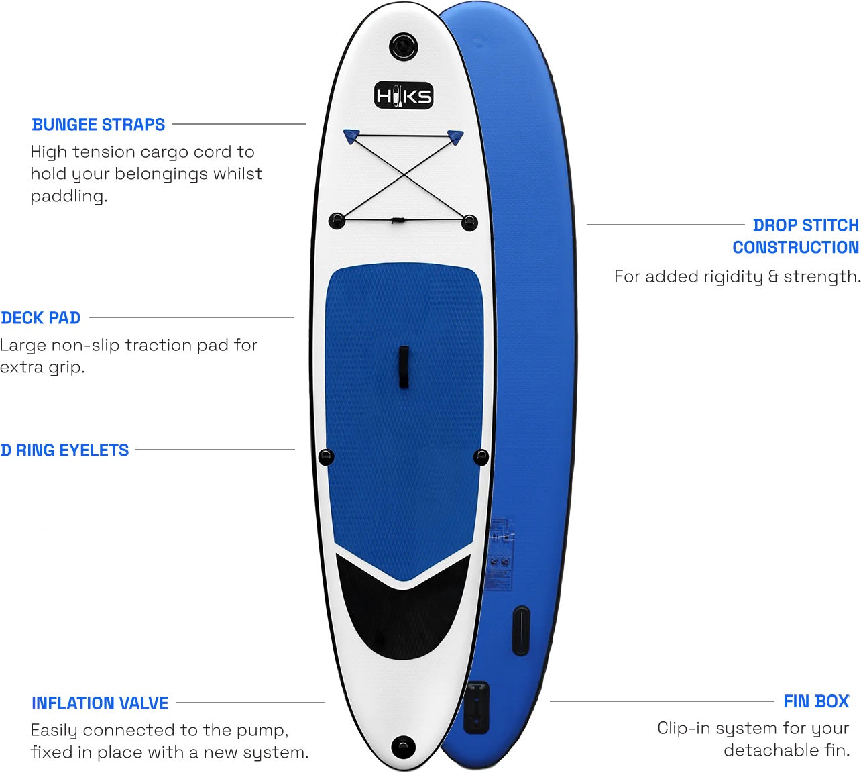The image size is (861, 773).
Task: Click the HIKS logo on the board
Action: coord(403,96)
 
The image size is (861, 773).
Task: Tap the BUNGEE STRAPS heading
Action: coord(99,125)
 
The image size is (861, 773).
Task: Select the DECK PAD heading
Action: coord(41,318)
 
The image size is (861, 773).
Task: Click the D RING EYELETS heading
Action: coord(65,450)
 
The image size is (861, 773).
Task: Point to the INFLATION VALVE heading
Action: coord(100,703)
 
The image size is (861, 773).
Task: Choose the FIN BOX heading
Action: coord(816,701)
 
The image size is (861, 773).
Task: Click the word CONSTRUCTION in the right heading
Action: coord(795,248)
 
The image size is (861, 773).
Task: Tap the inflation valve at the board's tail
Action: coord(403,745)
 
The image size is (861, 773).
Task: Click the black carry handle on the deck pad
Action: coord(404,367)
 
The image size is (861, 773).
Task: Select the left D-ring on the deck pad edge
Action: coord(325,457)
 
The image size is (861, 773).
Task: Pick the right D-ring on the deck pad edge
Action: coord(481,457)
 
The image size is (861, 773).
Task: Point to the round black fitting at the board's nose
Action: coord(403,46)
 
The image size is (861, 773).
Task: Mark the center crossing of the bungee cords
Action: coord(403,176)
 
